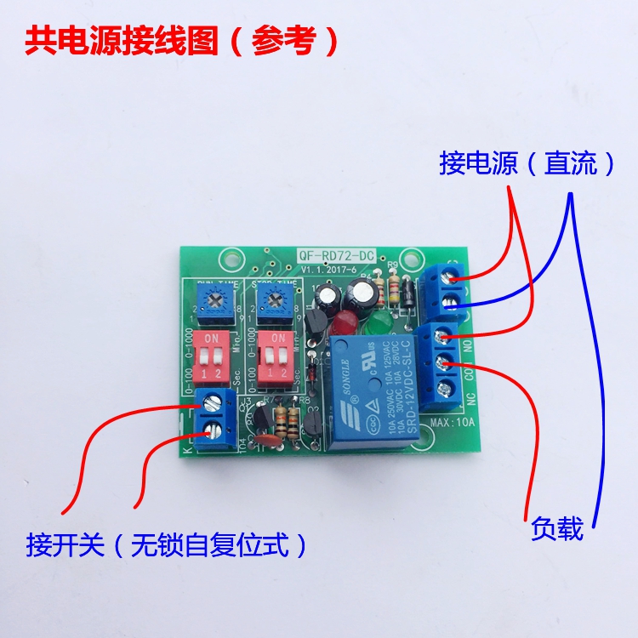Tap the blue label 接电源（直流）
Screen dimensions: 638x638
527,163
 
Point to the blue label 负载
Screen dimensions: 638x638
557,529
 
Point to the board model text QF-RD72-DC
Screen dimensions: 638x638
336,255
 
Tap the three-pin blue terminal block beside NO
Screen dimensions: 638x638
445,362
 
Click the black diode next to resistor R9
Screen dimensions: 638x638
410,293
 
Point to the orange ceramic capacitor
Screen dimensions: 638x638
271,440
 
